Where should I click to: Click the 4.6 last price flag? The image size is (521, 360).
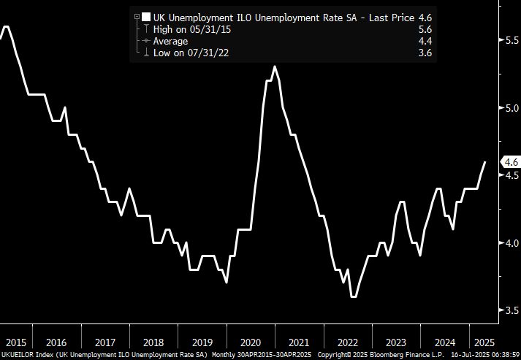[509, 162]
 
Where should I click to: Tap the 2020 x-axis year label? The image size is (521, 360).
[251, 342]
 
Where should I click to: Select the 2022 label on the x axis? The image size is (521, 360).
[348, 342]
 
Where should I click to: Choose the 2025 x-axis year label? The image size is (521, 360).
[482, 342]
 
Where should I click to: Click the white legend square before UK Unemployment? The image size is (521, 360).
[146, 17]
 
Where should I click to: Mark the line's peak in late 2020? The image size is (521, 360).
[275, 67]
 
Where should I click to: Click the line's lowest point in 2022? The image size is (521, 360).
[354, 296]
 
